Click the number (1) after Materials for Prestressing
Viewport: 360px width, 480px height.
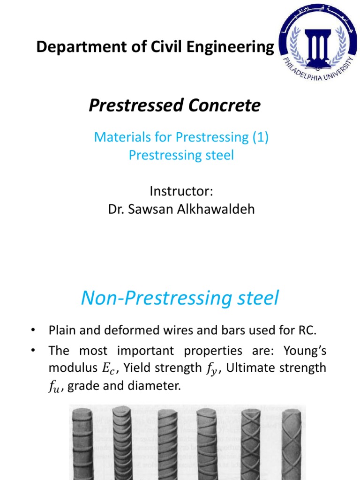[x=259, y=137]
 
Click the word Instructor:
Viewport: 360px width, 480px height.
[x=181, y=191]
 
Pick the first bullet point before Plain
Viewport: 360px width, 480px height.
[x=33, y=331]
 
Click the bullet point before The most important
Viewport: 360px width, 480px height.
[x=33, y=351]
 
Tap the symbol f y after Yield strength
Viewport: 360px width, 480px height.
[x=212, y=368]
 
